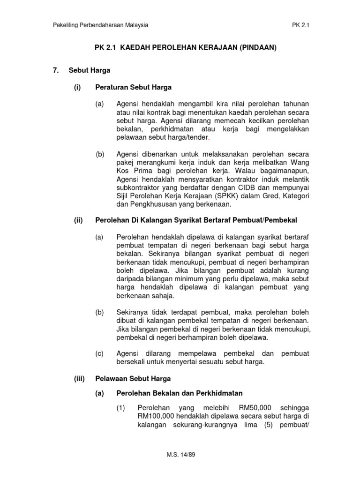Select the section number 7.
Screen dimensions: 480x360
click(56, 70)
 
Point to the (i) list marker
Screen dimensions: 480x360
click(78, 87)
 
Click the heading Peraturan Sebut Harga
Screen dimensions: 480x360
click(133, 87)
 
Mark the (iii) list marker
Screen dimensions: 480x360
click(78, 378)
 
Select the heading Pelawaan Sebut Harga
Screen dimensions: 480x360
click(133, 378)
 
